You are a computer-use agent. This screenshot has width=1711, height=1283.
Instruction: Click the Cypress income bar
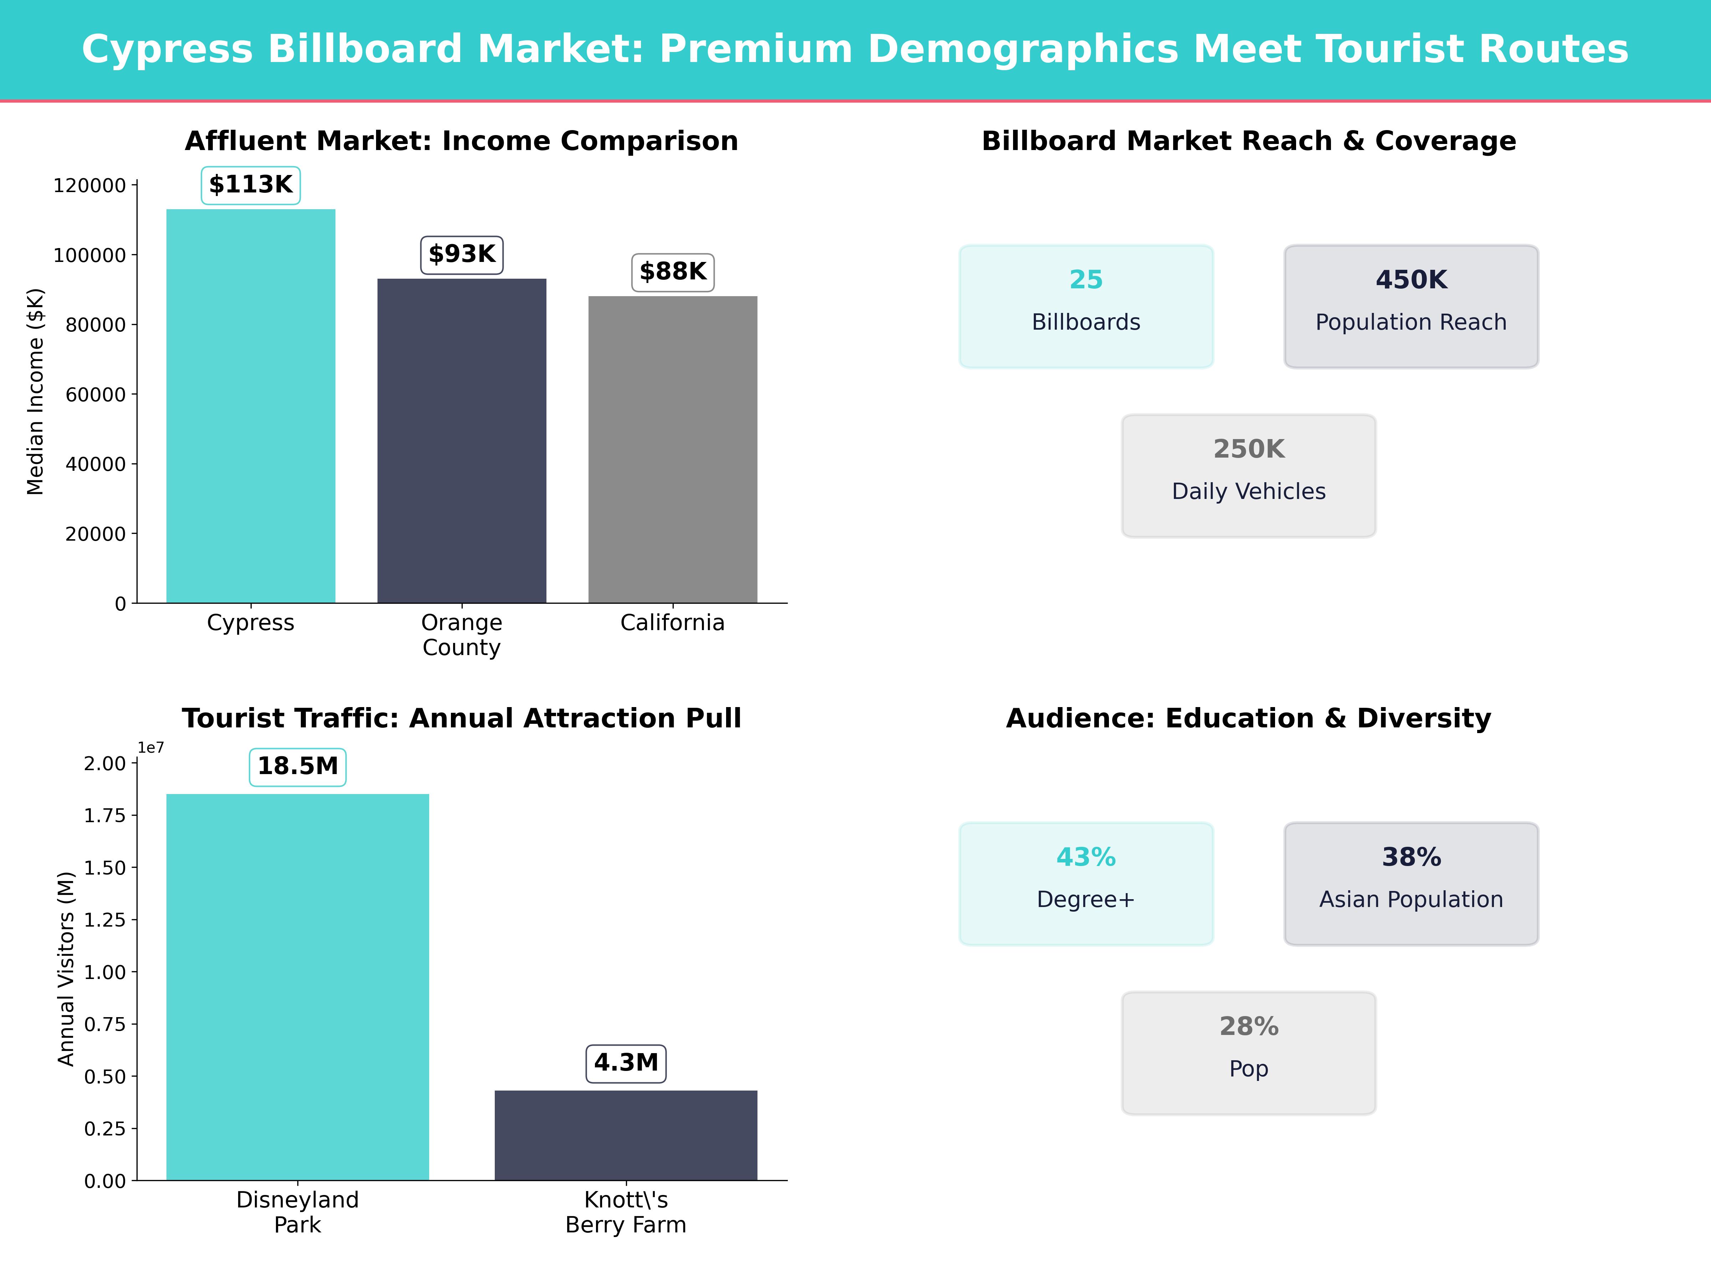[x=251, y=406]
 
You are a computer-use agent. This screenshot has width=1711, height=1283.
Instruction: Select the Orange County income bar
[x=462, y=441]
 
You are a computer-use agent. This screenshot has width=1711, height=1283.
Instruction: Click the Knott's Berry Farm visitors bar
[x=626, y=1135]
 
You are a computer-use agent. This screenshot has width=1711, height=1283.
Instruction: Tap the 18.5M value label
[x=298, y=766]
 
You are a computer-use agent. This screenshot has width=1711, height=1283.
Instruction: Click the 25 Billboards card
[x=1086, y=306]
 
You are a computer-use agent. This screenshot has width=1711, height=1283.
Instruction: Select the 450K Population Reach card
[x=1411, y=306]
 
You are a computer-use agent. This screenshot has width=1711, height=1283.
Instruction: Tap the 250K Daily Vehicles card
[x=1248, y=476]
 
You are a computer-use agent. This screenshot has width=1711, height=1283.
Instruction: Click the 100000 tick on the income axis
[x=89, y=255]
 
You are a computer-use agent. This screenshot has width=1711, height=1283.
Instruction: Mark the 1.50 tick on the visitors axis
[x=104, y=868]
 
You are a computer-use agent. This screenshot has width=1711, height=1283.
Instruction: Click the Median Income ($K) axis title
[x=36, y=391]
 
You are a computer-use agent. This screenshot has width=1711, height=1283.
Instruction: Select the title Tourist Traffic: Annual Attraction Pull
[x=462, y=718]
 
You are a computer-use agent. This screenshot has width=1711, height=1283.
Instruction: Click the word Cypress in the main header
[x=167, y=50]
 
